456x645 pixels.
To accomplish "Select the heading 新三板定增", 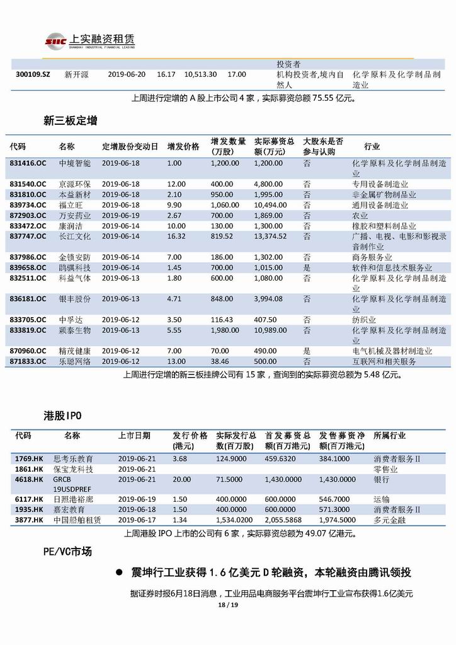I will (70, 120).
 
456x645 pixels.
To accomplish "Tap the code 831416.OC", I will (28, 163).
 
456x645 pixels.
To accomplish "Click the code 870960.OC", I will (28, 351).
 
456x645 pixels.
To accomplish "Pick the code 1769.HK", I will (29, 459).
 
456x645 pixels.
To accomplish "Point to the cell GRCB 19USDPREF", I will (72, 484).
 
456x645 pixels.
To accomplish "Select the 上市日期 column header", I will (134, 436).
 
